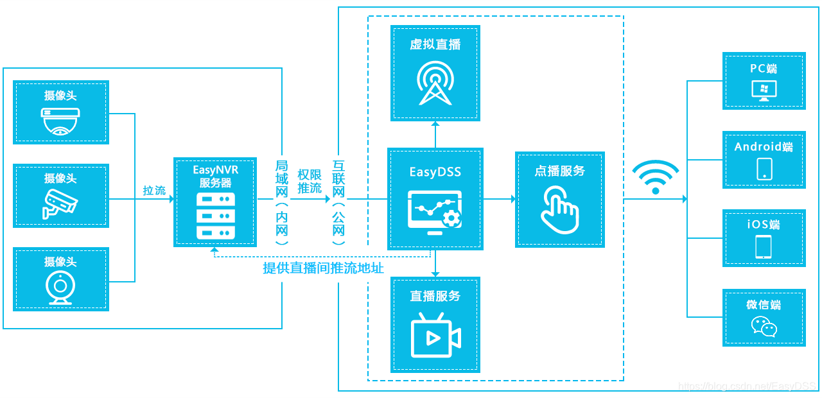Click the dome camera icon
click(x=60, y=122)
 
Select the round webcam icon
click(x=60, y=288)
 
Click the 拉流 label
click(x=154, y=191)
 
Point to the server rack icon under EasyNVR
click(x=214, y=215)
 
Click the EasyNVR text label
click(x=215, y=170)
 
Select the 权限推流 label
click(x=310, y=181)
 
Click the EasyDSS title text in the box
click(x=435, y=172)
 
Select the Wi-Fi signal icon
click(x=655, y=177)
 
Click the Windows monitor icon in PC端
click(x=764, y=91)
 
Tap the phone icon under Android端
click(x=764, y=169)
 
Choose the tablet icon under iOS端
click(x=764, y=247)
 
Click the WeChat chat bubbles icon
click(x=764, y=326)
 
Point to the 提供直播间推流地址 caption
click(x=323, y=268)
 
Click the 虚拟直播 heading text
click(x=435, y=44)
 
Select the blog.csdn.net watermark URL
click(x=747, y=386)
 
